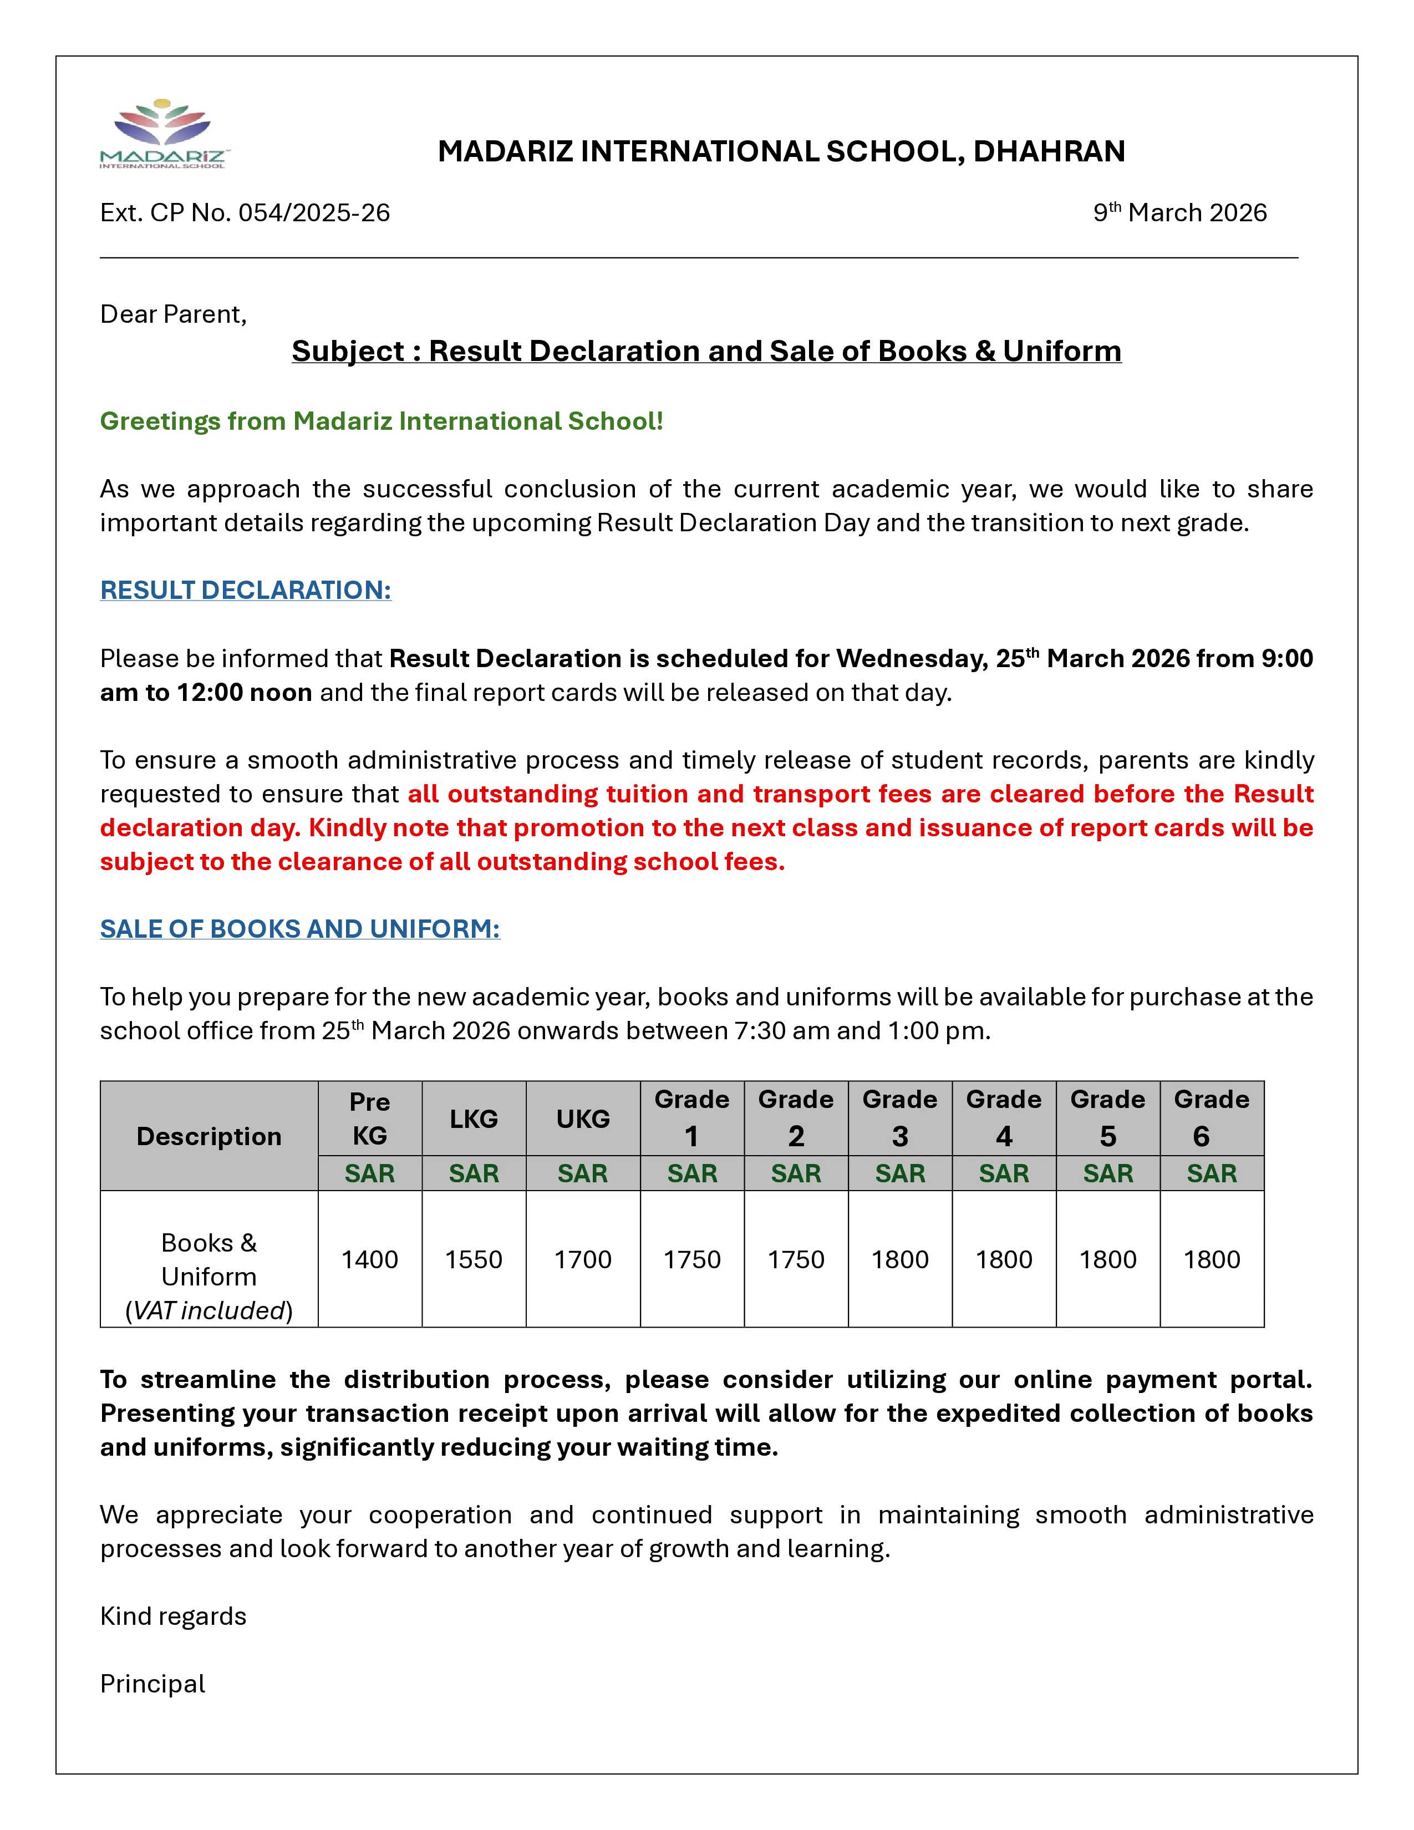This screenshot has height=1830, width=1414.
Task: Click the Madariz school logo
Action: pos(164,134)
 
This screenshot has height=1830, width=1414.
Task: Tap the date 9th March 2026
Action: pos(1179,213)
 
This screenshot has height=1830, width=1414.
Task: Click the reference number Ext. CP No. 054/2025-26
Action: pos(245,213)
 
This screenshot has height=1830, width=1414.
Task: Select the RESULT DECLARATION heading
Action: pos(246,590)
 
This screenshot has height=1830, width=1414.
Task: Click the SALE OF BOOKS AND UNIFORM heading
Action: pos(300,928)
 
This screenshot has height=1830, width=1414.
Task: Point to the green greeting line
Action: pos(381,421)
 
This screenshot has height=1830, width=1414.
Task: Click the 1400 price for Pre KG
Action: pos(369,1259)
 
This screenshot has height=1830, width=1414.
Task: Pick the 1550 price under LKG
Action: pos(474,1259)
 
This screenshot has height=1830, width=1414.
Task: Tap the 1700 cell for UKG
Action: pos(582,1259)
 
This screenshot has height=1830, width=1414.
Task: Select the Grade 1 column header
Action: pos(692,1118)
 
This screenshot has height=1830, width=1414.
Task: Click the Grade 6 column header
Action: pos(1211,1118)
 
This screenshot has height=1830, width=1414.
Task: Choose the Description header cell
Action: pos(208,1136)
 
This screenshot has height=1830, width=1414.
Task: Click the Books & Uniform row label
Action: pos(208,1275)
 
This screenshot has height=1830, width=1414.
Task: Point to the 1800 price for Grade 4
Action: pos(1004,1259)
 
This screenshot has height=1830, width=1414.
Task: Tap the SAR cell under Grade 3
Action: pos(899,1173)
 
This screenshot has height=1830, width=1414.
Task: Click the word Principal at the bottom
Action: pos(152,1684)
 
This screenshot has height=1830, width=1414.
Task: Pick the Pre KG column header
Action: pos(369,1118)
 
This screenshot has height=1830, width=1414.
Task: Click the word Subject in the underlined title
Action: pos(348,351)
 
